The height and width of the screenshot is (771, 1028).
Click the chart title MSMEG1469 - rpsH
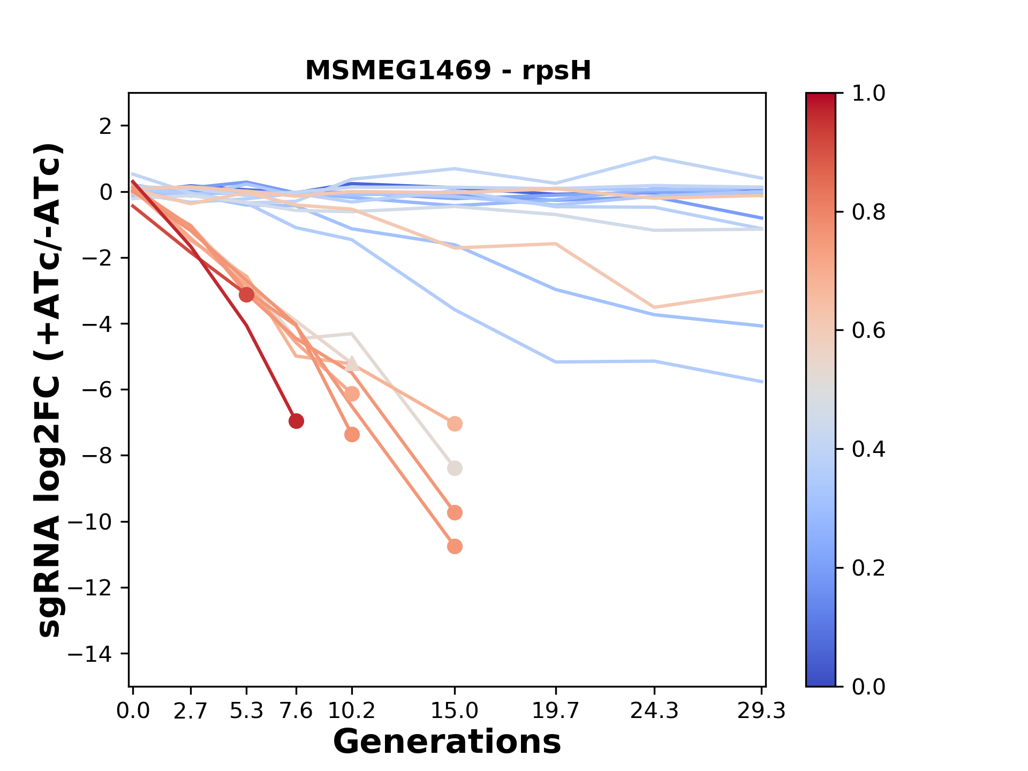click(x=448, y=71)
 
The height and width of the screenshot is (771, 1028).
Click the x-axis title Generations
click(x=447, y=742)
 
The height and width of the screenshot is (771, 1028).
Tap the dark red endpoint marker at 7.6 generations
click(x=296, y=421)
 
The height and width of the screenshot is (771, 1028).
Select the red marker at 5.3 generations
click(x=246, y=294)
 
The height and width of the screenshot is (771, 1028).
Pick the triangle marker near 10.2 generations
click(x=352, y=364)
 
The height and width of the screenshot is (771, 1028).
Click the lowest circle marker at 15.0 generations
click(x=455, y=547)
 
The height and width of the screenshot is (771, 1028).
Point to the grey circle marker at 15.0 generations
click(x=455, y=468)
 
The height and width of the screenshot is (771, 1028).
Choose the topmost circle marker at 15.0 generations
click(x=455, y=424)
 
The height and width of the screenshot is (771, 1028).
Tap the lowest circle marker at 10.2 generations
click(x=352, y=435)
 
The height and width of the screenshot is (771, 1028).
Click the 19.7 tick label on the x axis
click(x=556, y=711)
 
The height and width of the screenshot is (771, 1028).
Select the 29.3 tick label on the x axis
click(x=761, y=711)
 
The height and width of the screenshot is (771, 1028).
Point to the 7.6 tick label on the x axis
click(x=296, y=711)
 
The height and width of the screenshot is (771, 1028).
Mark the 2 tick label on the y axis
click(x=105, y=126)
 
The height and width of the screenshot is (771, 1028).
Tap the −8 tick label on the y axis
click(x=96, y=456)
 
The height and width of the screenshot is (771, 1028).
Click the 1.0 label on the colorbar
click(x=868, y=94)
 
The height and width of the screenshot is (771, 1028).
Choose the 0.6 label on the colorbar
click(x=868, y=331)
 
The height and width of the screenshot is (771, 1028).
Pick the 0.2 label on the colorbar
click(x=868, y=568)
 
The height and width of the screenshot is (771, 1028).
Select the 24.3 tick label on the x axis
click(x=654, y=711)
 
